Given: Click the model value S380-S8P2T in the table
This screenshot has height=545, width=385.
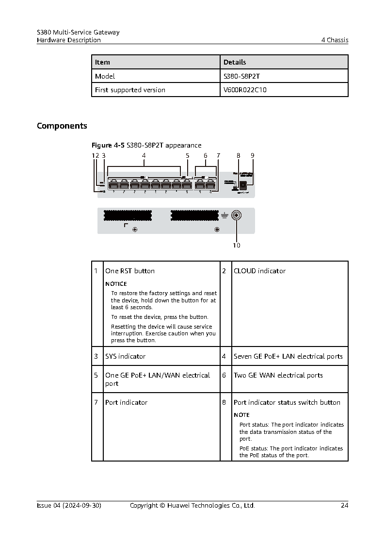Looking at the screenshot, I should click(245, 76).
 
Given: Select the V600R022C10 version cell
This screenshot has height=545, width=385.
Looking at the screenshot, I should click(245, 90).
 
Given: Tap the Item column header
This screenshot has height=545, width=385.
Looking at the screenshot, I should click(102, 62).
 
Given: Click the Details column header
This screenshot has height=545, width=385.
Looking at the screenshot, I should click(235, 62).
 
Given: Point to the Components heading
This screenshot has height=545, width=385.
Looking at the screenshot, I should click(62, 126).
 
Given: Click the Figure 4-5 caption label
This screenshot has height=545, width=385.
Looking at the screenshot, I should click(108, 145).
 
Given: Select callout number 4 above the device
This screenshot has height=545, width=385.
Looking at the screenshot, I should click(144, 156).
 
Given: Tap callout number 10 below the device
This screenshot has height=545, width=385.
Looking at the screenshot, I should click(236, 245).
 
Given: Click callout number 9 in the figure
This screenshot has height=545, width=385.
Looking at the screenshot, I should click(252, 156).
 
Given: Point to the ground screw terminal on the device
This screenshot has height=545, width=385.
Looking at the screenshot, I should click(237, 216).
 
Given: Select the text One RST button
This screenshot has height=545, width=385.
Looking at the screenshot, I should click(130, 271).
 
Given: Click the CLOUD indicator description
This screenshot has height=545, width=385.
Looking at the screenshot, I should click(259, 271).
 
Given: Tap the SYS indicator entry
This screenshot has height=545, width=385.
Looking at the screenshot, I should click(125, 356).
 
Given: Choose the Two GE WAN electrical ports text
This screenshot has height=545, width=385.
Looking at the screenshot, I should click(278, 375).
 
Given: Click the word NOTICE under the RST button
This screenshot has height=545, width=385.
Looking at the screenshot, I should click(116, 284).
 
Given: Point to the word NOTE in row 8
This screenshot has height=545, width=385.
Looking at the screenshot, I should click(241, 415).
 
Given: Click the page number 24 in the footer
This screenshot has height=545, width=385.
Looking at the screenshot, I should click(344, 505).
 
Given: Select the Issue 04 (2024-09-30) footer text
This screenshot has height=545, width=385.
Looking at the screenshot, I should click(69, 505).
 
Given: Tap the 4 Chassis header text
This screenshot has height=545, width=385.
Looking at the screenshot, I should click(335, 40).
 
